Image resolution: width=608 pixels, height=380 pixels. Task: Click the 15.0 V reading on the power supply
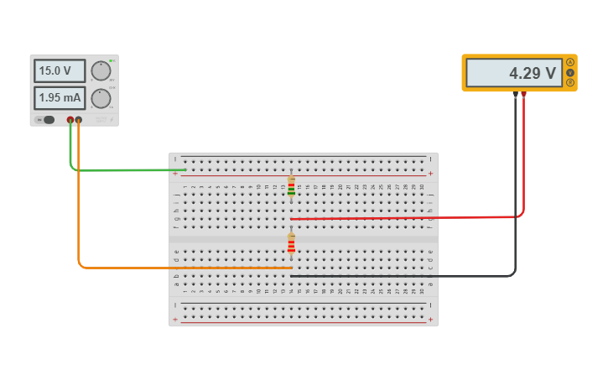(x=60, y=71)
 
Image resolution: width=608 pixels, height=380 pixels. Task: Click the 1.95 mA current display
(x=60, y=98)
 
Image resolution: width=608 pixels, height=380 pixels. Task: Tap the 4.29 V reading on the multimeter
(x=513, y=73)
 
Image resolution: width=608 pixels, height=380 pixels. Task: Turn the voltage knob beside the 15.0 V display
(x=101, y=70)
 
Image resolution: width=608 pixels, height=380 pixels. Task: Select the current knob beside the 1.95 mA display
(x=101, y=98)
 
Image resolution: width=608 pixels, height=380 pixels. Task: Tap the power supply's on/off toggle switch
(x=48, y=120)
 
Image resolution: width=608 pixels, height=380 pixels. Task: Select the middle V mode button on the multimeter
(x=570, y=72)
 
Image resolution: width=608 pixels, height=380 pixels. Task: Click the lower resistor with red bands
(x=291, y=243)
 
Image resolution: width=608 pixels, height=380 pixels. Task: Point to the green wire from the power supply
(x=126, y=170)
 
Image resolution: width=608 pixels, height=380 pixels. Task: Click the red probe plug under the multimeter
(x=523, y=95)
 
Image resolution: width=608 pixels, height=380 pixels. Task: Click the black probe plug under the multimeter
(x=515, y=95)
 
